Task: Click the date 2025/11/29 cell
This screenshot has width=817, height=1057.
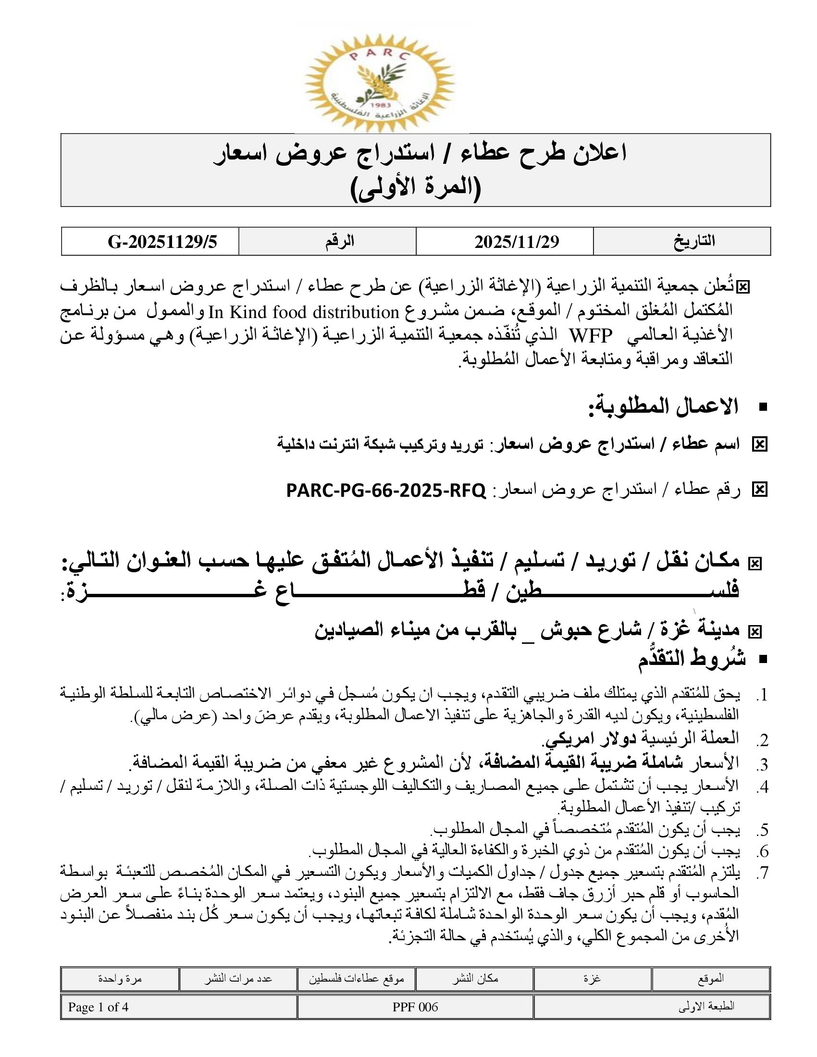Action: pos(517,242)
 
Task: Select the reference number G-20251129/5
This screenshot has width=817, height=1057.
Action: pos(162,242)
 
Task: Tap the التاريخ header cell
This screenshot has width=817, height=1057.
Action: pos(694,241)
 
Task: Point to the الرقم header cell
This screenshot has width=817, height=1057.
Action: pos(340,241)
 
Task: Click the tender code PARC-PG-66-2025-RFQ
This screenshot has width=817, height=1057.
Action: pos(386,491)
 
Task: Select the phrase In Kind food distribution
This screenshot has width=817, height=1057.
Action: pos(304,313)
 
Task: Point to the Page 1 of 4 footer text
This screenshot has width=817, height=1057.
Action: pos(98,1007)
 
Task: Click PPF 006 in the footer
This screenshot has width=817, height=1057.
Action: pos(415,1007)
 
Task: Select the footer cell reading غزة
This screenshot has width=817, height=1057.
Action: pos(592,979)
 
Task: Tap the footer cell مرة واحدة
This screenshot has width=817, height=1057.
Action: pos(120,979)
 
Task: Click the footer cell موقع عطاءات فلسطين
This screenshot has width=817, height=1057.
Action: pos(357,979)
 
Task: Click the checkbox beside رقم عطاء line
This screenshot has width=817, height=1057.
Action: pos(759,490)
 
